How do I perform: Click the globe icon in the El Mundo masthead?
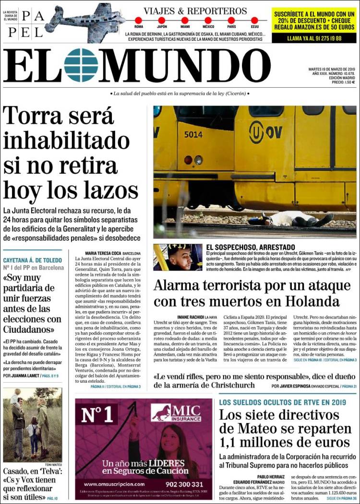point(81,65)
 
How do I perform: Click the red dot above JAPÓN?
point(162,20)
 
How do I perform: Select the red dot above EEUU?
point(254,20)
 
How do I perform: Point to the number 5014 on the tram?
point(193,135)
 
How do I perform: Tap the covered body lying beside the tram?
point(298,220)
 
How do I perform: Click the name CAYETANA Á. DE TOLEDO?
point(33,260)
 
